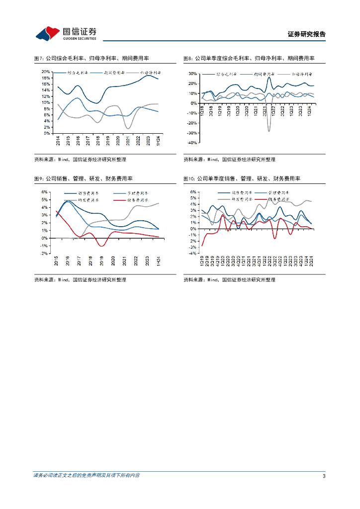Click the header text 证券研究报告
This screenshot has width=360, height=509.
307,34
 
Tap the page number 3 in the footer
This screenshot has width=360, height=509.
324,476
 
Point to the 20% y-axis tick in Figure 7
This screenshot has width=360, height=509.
46,72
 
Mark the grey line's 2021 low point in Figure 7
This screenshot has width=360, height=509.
128,129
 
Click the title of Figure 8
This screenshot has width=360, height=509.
249,58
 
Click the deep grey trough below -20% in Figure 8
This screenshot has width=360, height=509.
269,131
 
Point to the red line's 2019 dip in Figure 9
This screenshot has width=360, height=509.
101,246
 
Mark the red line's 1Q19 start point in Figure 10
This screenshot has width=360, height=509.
202,246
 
